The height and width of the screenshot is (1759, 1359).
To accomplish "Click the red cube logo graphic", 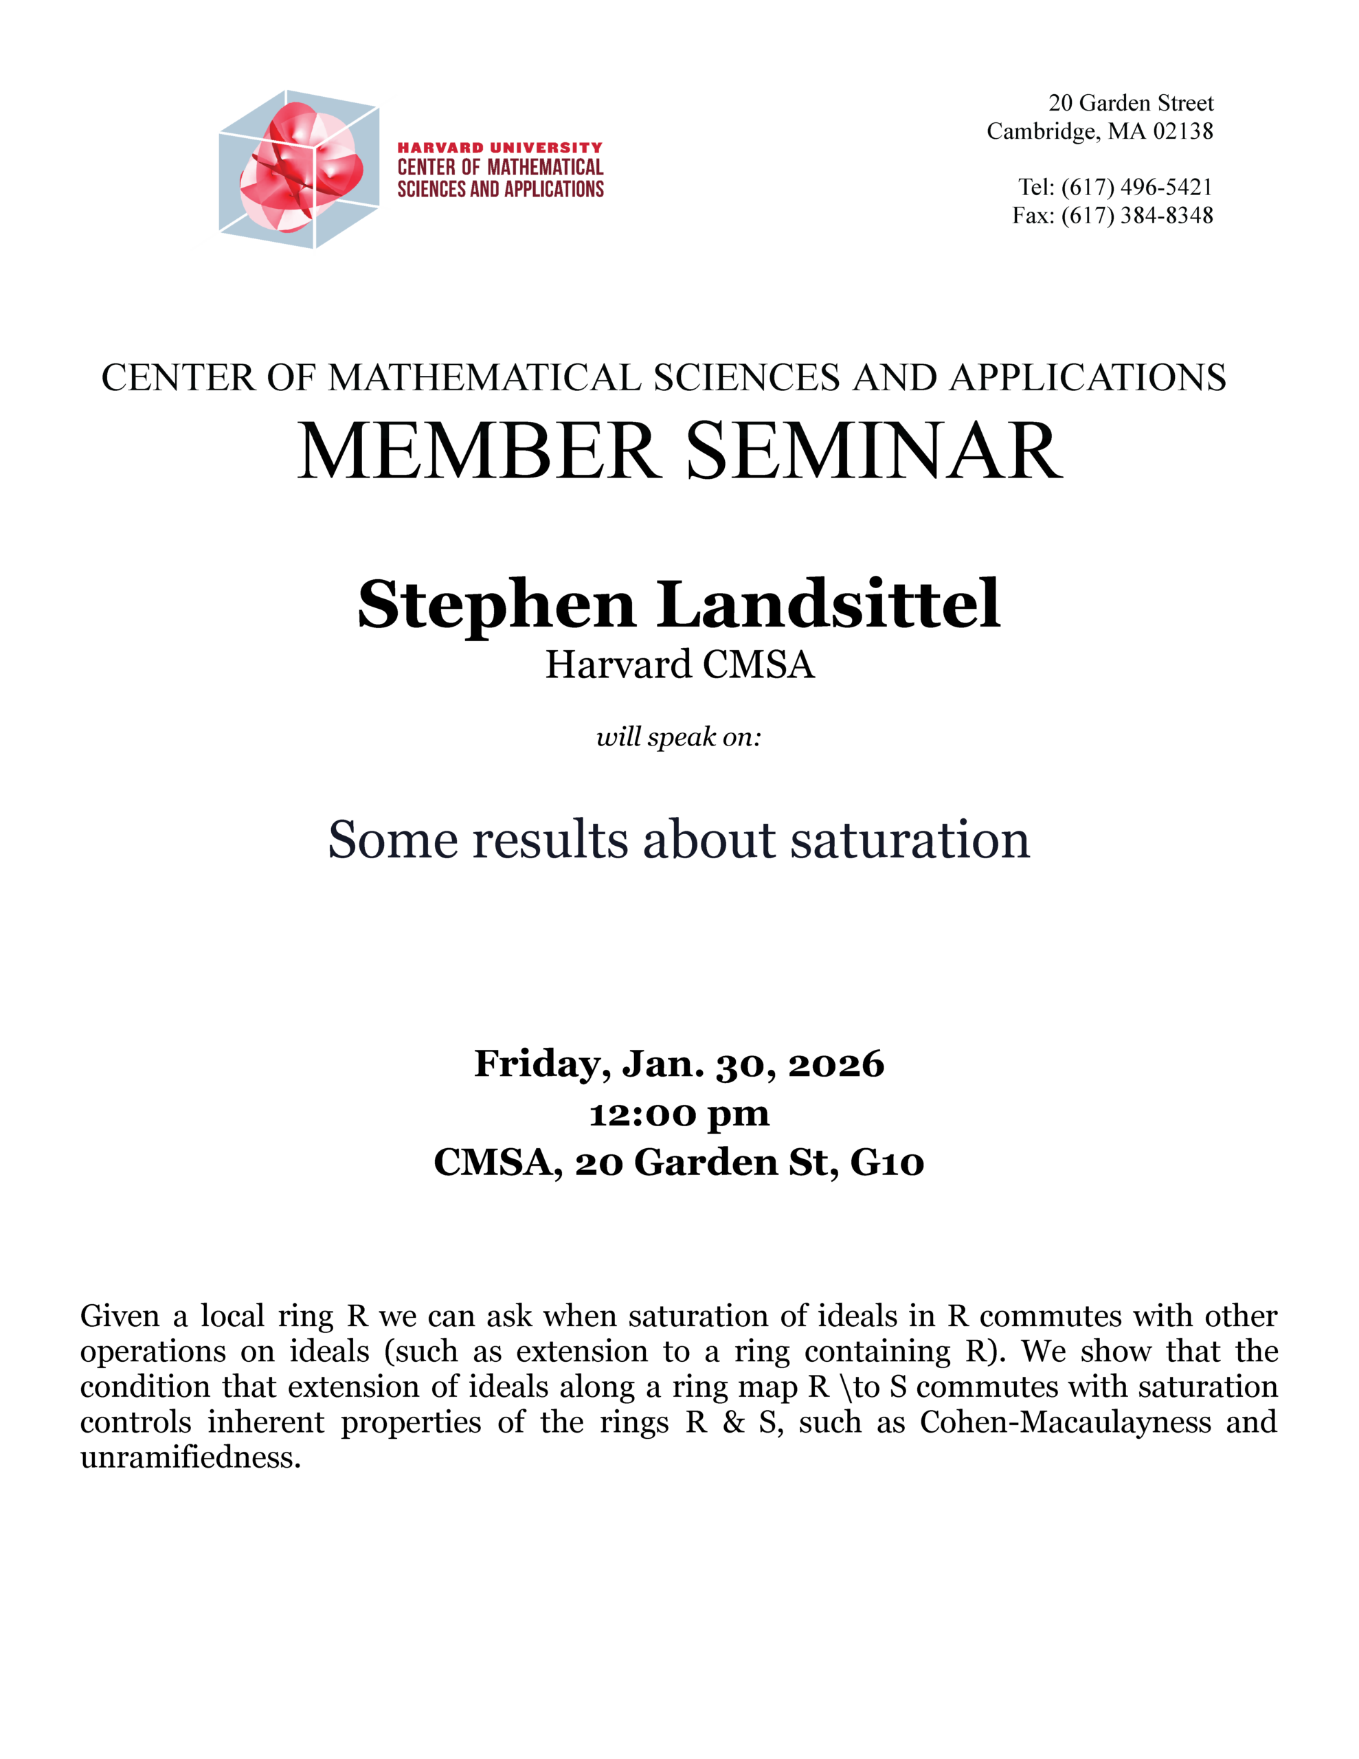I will pos(299,169).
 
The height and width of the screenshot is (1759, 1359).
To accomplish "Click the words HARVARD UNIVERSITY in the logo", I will pos(499,148).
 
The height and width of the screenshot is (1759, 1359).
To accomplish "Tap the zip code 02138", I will pos(1182,131).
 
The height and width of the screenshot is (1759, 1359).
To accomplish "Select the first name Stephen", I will pos(496,605).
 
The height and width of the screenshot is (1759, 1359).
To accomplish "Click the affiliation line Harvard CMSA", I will pos(679,665).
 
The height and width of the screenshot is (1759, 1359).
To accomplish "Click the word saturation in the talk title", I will pos(910,840).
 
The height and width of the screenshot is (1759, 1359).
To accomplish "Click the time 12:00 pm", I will pos(678,1114).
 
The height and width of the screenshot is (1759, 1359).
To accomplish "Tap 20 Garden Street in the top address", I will pos(1130,103).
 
